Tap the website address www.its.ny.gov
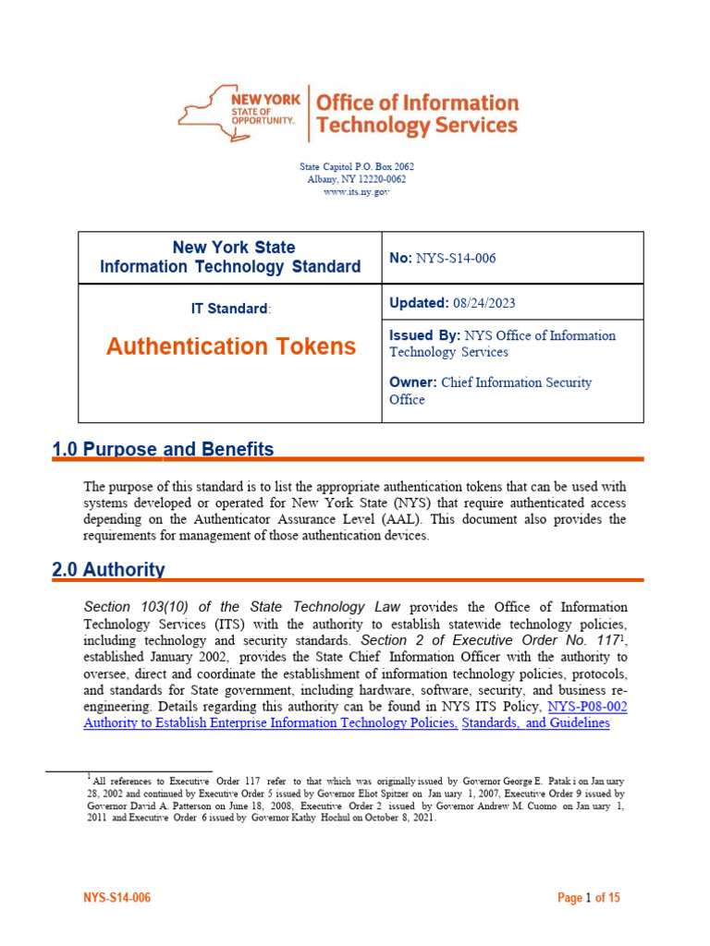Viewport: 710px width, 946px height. [356, 191]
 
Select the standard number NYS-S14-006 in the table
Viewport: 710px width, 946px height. [457, 259]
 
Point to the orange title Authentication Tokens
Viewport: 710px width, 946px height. [230, 346]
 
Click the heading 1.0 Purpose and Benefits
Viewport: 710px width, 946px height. [164, 449]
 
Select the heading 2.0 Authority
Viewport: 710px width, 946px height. [109, 569]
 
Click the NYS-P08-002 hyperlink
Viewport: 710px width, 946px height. [588, 706]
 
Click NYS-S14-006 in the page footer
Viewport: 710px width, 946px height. [117, 897]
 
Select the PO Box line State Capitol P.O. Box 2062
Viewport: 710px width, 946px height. [356, 166]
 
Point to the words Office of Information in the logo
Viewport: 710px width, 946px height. [417, 103]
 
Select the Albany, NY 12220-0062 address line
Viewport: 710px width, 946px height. [356, 179]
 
